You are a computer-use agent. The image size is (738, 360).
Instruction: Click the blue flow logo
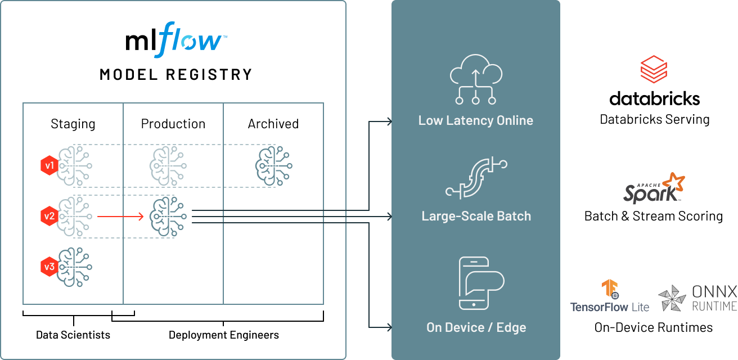click(190, 40)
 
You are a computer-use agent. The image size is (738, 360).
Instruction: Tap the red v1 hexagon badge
click(49, 165)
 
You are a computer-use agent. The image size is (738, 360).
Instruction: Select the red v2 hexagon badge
click(49, 215)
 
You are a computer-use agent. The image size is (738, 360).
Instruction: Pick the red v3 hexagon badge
click(49, 267)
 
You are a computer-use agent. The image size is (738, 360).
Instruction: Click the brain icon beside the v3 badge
click(75, 267)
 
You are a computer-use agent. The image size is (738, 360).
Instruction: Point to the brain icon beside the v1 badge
click(75, 165)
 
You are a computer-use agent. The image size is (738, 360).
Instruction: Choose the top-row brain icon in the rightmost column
click(274, 165)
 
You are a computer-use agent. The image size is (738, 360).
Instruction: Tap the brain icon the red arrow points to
click(167, 216)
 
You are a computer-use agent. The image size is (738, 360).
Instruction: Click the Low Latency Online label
click(475, 120)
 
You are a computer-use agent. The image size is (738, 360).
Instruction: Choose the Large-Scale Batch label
click(476, 216)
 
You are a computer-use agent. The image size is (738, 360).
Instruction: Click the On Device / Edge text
click(476, 327)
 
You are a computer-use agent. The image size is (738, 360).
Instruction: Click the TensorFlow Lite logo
click(609, 296)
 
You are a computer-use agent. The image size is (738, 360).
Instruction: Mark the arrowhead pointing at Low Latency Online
click(389, 120)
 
